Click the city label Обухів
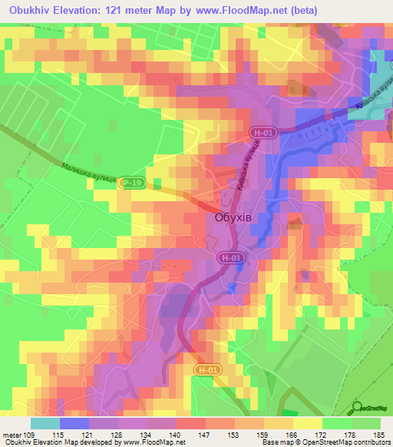(232, 218)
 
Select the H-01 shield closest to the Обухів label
(230, 258)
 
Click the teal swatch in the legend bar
(45, 423)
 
